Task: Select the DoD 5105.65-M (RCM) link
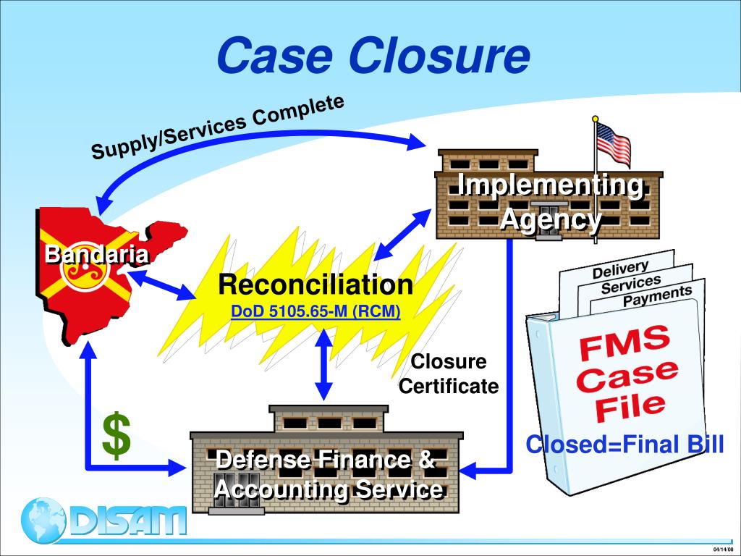(x=316, y=312)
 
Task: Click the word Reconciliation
(x=316, y=285)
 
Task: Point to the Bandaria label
(x=98, y=254)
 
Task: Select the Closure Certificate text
(x=449, y=374)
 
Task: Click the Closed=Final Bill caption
(x=624, y=444)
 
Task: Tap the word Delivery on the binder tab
(x=620, y=269)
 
